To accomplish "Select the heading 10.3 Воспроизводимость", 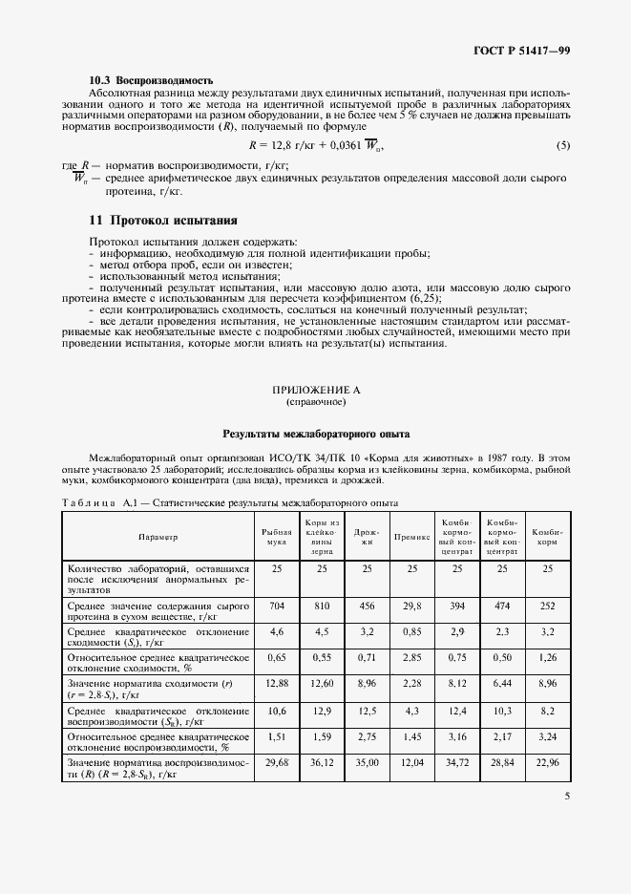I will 151,79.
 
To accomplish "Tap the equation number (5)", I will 563,145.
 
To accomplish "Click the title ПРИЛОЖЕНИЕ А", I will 315,390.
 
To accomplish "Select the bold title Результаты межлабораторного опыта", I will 315,434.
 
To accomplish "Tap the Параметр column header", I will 158,538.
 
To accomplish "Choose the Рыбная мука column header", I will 276,538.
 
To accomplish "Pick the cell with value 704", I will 276,606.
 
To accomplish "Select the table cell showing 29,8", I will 411,606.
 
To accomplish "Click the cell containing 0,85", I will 411,632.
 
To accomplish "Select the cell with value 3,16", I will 457,737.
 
